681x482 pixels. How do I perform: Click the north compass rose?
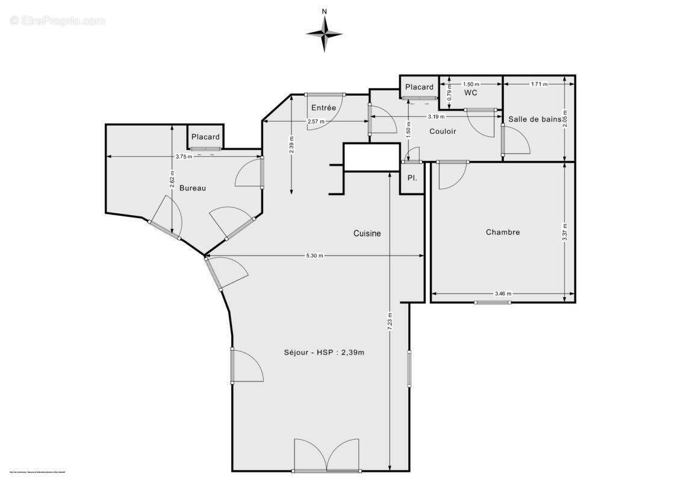[325, 33]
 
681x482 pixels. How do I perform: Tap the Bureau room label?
[193, 188]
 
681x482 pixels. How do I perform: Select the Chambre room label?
[503, 232]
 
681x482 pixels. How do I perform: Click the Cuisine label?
[367, 234]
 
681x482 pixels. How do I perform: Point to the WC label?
[471, 93]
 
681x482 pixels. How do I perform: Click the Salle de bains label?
[535, 119]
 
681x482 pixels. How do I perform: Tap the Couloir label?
[443, 131]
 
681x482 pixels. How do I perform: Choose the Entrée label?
[323, 107]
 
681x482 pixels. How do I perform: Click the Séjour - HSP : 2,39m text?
[324, 352]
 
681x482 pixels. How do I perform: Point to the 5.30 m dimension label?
[314, 255]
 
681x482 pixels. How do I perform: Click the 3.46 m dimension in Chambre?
[503, 294]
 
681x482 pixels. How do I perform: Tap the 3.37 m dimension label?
[564, 232]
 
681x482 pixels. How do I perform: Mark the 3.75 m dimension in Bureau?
[184, 157]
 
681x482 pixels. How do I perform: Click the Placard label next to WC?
[419, 87]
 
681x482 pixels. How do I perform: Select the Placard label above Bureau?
[205, 137]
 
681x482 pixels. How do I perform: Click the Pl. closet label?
[412, 178]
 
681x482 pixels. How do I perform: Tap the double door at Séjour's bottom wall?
[326, 456]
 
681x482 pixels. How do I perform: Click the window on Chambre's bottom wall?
[491, 302]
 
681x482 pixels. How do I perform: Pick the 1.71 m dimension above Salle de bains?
[539, 84]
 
